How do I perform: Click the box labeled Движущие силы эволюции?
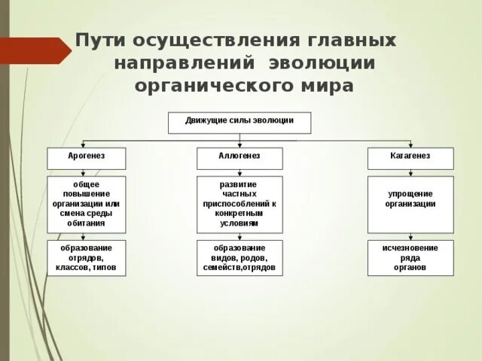(239, 123)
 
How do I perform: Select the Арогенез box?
(87, 158)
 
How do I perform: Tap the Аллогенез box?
(239, 158)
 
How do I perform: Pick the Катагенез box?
(410, 158)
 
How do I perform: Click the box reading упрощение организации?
(410, 204)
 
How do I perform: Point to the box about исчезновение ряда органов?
(410, 257)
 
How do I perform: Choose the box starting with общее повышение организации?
(87, 204)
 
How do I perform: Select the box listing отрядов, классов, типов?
(87, 257)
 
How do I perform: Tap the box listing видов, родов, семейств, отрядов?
(239, 257)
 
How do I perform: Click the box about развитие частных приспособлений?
(239, 204)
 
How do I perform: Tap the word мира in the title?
(328, 86)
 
